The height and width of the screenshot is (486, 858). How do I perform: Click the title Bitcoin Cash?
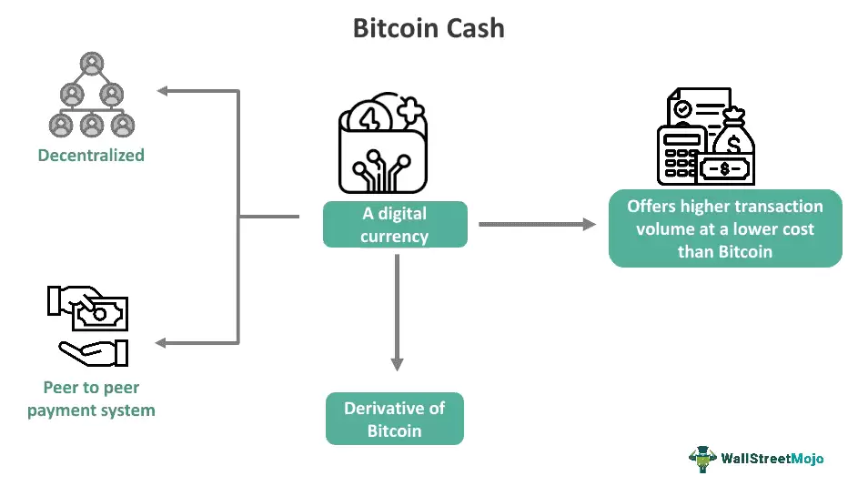[x=429, y=28]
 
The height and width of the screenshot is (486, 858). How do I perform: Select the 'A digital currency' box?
[x=395, y=225]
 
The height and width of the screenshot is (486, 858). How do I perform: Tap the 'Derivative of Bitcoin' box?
[x=395, y=419]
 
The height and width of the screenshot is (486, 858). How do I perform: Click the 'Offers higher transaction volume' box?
[x=724, y=229]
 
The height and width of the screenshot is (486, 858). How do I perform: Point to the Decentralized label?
[x=91, y=156]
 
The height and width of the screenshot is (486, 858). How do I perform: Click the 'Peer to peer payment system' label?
[x=91, y=400]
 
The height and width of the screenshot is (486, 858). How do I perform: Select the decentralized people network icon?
[x=90, y=95]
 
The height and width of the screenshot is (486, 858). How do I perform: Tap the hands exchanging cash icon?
[x=89, y=325]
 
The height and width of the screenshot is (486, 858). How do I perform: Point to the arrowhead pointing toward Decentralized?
[x=162, y=91]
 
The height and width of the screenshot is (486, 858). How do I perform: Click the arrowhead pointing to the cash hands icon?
[x=162, y=343]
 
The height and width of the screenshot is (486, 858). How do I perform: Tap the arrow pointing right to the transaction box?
[x=588, y=223]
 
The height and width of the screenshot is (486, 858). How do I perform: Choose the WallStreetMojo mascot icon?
[x=702, y=459]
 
